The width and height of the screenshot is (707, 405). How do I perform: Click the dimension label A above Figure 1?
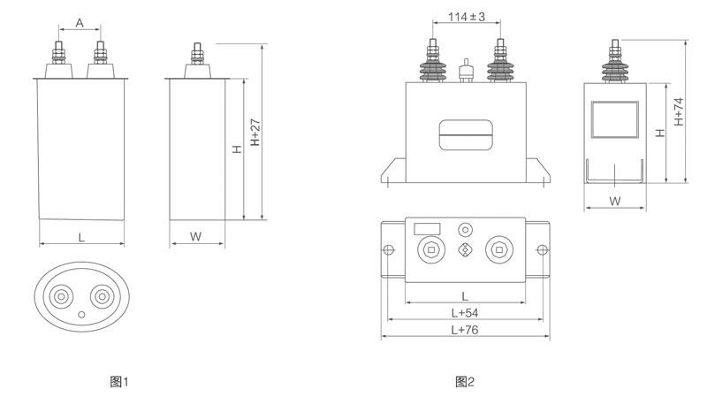click(x=80, y=24)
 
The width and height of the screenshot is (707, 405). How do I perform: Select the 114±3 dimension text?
click(x=467, y=17)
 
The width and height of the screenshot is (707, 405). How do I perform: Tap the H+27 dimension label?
click(x=255, y=133)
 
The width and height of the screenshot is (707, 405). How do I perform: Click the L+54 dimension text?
click(x=464, y=314)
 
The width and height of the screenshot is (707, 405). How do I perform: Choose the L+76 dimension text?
click(x=464, y=331)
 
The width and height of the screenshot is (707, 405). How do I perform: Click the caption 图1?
click(x=119, y=382)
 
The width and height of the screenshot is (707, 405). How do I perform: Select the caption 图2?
click(x=465, y=382)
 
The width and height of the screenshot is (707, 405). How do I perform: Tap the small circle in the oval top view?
click(x=81, y=314)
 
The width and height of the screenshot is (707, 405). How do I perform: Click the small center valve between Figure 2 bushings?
click(x=465, y=69)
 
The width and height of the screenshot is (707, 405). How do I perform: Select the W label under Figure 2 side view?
click(x=616, y=201)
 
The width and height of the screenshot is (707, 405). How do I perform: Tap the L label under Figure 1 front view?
click(x=81, y=236)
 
